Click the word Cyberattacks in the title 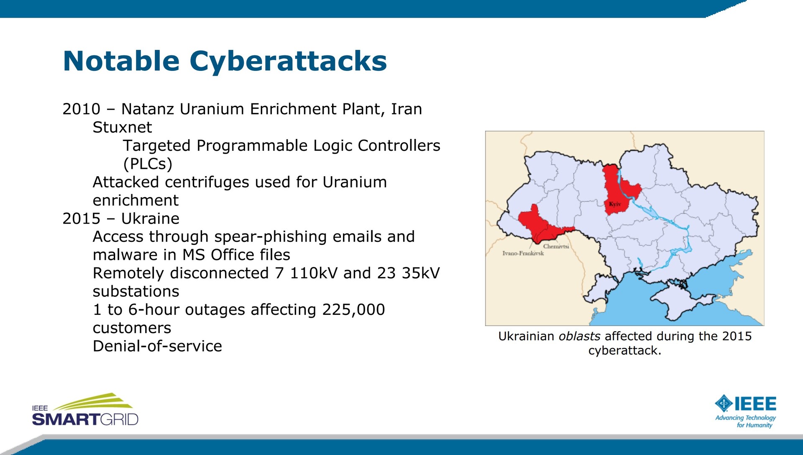coord(288,61)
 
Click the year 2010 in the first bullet coord(82,109)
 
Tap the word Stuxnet coord(122,127)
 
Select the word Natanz coord(148,109)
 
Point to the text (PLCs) coord(148,164)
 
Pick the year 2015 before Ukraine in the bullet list coord(82,219)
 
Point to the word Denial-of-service coord(157,346)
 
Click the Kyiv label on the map coord(615,204)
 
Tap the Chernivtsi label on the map coord(556,247)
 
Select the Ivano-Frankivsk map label coord(523,253)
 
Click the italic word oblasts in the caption coord(579,336)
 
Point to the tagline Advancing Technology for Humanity coord(746,422)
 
